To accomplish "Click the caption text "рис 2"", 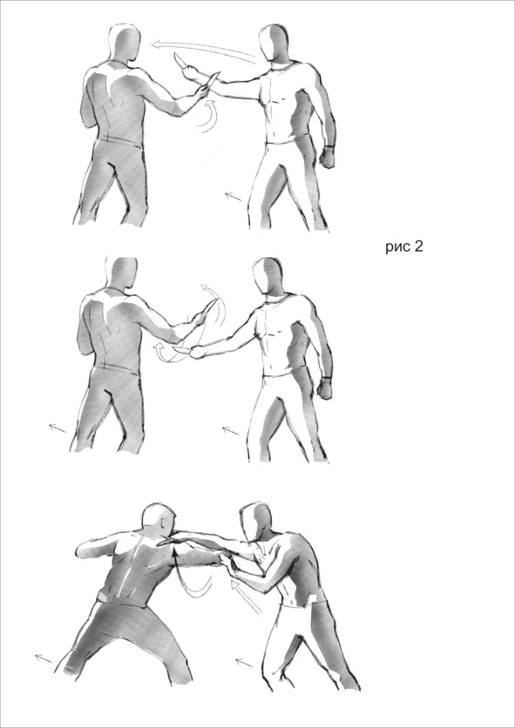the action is pyautogui.click(x=404, y=246).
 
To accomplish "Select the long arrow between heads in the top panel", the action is pyautogui.click(x=204, y=51).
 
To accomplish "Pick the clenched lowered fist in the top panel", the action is pyautogui.click(x=328, y=157).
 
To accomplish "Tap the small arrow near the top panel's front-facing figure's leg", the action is pyautogui.click(x=234, y=197).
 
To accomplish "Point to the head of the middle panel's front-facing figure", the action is pyautogui.click(x=268, y=276).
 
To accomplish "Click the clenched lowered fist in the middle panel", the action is pyautogui.click(x=324, y=388).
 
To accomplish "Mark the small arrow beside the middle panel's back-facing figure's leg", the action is pyautogui.click(x=58, y=428).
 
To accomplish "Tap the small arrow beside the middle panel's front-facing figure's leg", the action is pyautogui.click(x=231, y=431).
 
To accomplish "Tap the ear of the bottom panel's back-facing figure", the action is pyautogui.click(x=162, y=523).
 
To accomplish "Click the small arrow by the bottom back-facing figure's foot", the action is pyautogui.click(x=44, y=658).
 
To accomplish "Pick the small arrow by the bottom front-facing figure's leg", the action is pyautogui.click(x=244, y=662).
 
